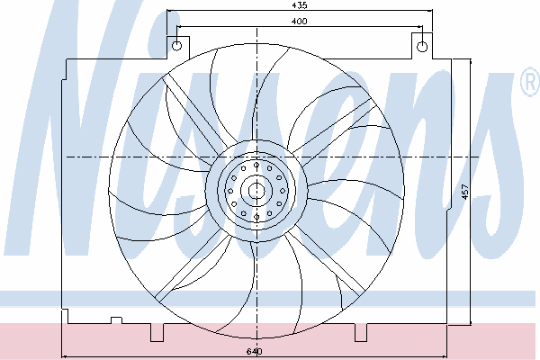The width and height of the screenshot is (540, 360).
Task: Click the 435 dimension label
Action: click(x=300, y=5)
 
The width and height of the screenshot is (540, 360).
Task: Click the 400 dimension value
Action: click(x=300, y=22)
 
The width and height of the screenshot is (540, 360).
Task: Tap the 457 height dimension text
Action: click(x=465, y=192)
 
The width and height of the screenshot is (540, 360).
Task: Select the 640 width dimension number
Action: click(x=255, y=351)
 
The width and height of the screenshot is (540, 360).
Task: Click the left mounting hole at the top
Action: click(x=176, y=46)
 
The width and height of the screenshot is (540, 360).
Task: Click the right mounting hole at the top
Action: click(x=422, y=47)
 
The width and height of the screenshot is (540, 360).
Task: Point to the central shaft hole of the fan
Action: click(x=256, y=190)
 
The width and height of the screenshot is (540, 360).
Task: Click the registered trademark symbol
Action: click(x=530, y=82)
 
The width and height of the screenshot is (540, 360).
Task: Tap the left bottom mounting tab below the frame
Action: click(x=157, y=332)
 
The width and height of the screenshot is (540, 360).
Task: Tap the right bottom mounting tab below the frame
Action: click(x=361, y=332)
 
